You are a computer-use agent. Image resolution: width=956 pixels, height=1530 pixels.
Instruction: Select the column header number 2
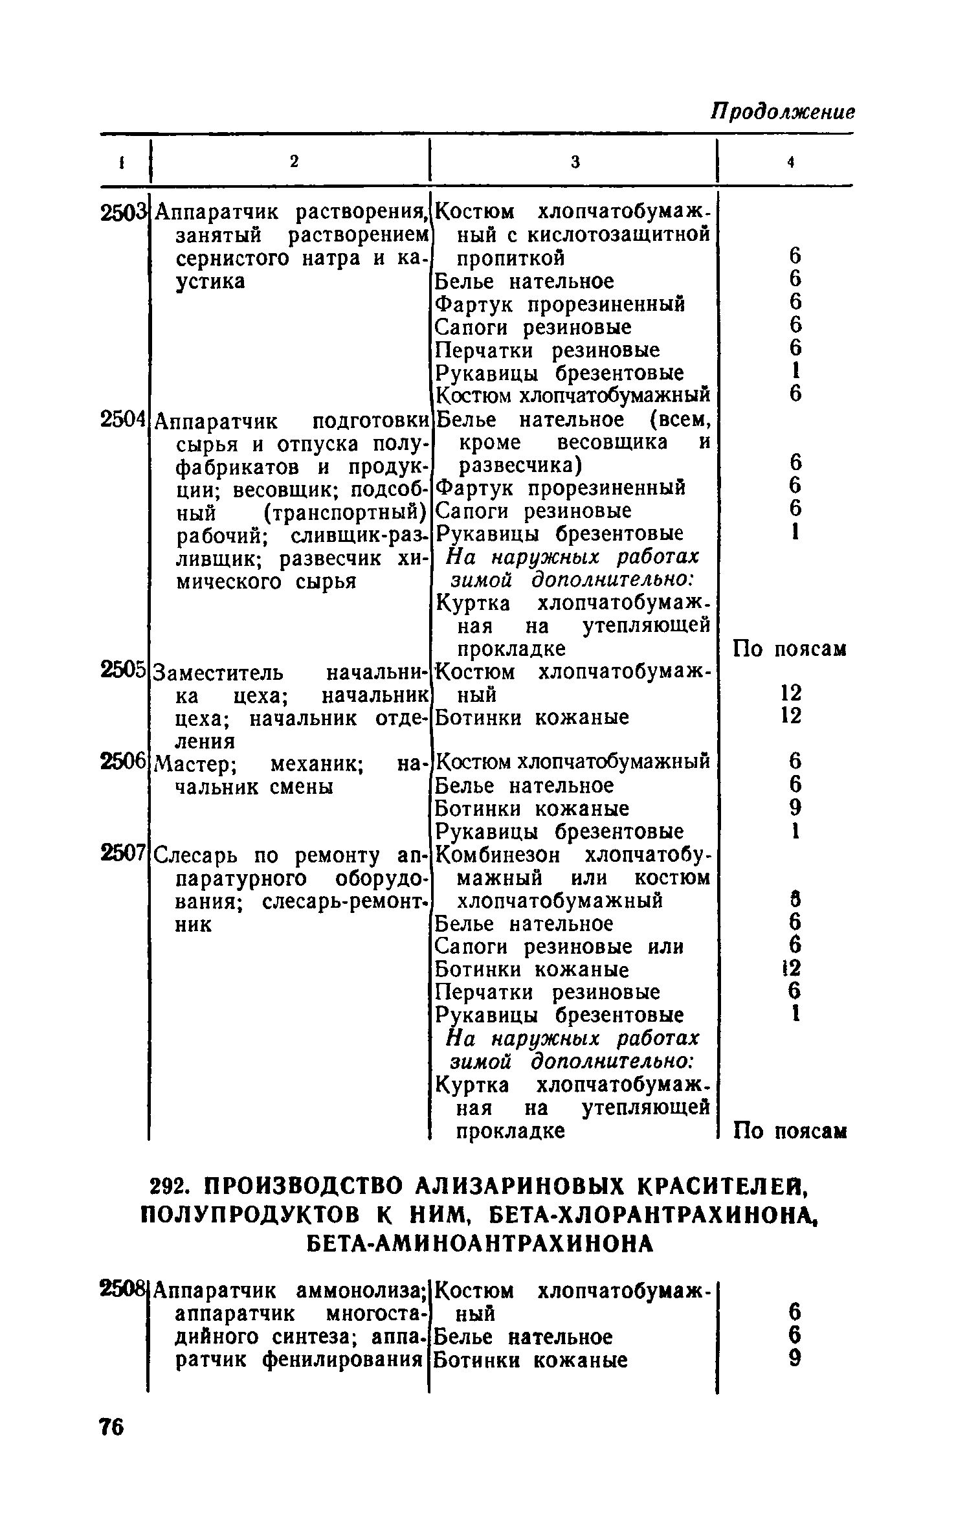[x=294, y=163]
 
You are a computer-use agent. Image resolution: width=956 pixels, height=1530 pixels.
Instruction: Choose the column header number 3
[x=575, y=163]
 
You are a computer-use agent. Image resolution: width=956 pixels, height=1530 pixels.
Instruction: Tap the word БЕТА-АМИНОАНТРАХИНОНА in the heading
[x=479, y=1243]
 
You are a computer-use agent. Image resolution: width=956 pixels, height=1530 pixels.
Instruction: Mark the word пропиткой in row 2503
[x=511, y=258]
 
